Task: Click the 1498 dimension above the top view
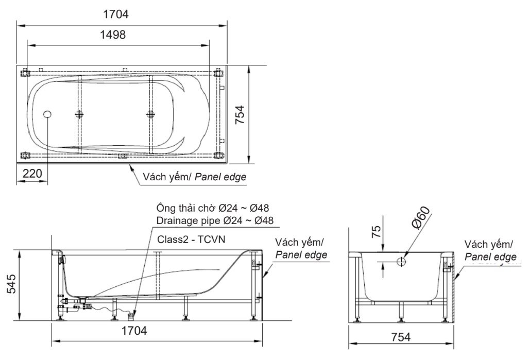(113, 35)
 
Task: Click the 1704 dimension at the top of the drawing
(115, 14)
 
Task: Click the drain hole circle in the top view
(48, 114)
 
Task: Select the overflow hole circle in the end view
(401, 262)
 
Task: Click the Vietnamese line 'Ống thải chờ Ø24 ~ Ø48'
(213, 208)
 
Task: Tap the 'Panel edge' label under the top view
(223, 177)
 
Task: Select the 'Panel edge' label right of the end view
(490, 256)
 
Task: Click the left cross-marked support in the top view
(79, 114)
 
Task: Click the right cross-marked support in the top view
(150, 114)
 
